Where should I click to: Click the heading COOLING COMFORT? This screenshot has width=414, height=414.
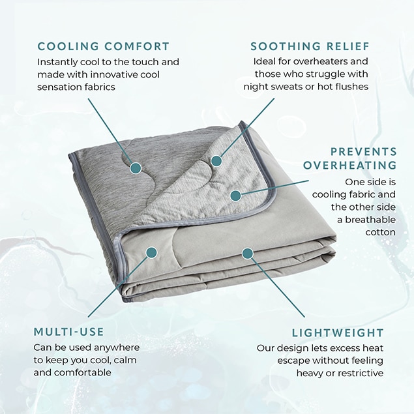(103, 46)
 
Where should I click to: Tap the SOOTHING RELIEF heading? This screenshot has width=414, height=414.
(310, 46)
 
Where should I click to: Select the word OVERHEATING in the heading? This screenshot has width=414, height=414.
(350, 166)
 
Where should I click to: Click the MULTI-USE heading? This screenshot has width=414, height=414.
(69, 332)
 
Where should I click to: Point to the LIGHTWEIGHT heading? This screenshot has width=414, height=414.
(338, 333)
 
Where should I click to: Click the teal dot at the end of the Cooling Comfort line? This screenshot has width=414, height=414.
(136, 168)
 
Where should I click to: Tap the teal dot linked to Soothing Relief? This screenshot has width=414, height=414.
(216, 160)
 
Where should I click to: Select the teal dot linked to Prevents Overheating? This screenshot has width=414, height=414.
(235, 196)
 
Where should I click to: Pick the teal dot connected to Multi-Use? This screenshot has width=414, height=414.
(151, 252)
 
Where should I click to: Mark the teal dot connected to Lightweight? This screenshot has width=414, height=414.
(247, 253)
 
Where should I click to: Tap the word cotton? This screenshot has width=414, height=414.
(381, 232)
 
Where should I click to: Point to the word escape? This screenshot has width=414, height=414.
(293, 361)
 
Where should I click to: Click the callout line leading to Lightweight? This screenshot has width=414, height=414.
(278, 288)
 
